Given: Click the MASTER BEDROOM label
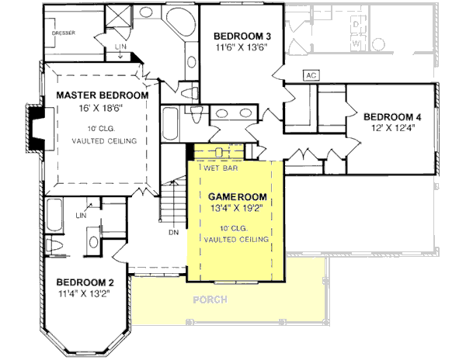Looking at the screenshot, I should point(102,95).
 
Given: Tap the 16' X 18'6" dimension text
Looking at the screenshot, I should point(101,109).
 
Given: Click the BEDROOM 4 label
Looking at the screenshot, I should point(393,117).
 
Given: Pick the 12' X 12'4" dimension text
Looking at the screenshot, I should point(393,130).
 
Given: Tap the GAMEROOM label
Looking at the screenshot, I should point(235,196).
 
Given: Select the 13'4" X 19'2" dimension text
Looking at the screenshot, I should point(235,208).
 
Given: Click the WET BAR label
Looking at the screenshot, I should point(221,167).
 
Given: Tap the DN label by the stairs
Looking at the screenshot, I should point(173,230).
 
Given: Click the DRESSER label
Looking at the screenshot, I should point(64,33).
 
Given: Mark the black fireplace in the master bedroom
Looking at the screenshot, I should point(36,126).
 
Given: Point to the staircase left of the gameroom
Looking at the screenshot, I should point(172,200).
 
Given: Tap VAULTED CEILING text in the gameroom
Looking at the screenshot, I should point(236,240).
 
